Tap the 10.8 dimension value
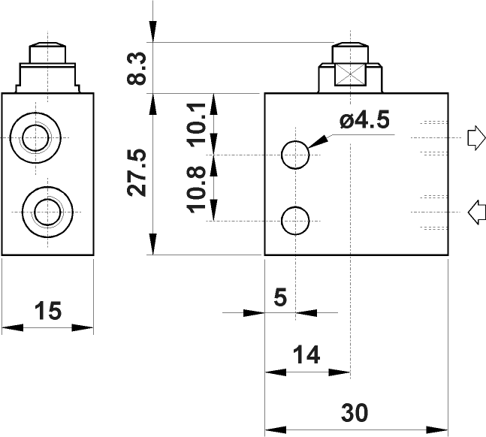coord(197,188)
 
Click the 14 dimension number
coord(306,354)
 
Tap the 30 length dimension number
coord(355,413)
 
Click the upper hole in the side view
coord(295,155)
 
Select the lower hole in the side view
coord(295,221)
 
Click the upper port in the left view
coord(36,138)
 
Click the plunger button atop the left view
coord(47,53)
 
